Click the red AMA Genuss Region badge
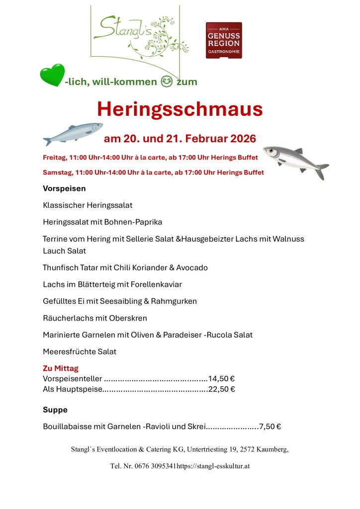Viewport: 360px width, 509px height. (x=224, y=40)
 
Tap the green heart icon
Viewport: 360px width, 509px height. (x=52, y=75)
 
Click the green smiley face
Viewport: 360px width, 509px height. (x=167, y=82)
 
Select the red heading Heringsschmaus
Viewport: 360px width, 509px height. (x=180, y=109)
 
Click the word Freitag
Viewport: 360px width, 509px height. (x=54, y=158)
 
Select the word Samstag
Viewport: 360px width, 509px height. (x=57, y=172)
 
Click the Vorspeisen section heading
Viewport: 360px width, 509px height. (x=64, y=189)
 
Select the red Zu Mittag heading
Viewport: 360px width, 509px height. (x=61, y=369)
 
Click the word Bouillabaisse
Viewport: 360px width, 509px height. (x=67, y=426)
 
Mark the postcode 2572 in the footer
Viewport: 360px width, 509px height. (x=247, y=449)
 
